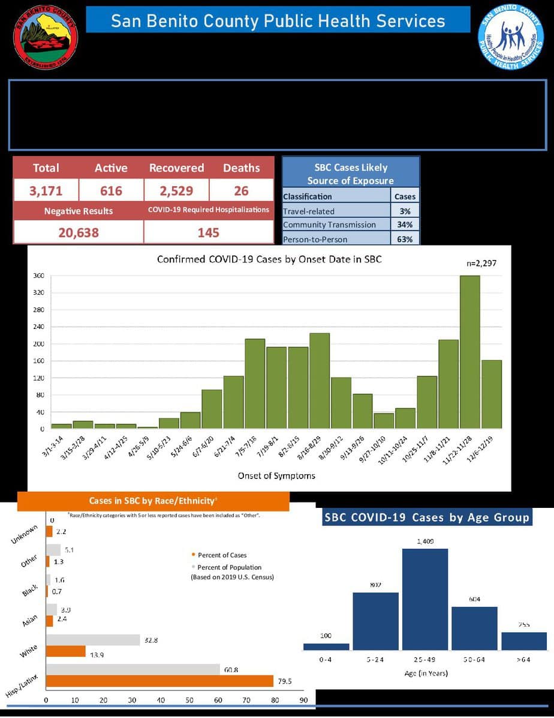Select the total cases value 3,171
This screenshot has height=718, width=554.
click(x=46, y=191)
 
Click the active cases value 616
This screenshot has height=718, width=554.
click(x=111, y=191)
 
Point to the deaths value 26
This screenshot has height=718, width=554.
click(x=241, y=191)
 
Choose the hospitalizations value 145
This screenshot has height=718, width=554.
click(x=209, y=232)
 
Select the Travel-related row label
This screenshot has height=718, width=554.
click(x=309, y=211)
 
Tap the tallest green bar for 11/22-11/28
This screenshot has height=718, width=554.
click(x=469, y=352)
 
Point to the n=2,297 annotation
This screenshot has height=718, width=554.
click(x=481, y=263)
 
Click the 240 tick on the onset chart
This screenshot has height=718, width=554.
click(x=39, y=327)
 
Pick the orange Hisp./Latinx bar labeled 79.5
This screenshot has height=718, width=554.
click(x=159, y=681)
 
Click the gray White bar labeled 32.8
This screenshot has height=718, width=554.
click(x=93, y=641)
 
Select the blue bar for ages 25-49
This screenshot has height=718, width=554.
click(x=424, y=599)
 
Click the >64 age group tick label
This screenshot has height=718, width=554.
click(x=523, y=660)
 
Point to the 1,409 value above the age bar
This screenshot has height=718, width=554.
click(x=424, y=542)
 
